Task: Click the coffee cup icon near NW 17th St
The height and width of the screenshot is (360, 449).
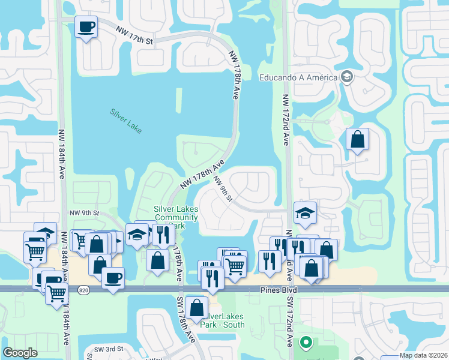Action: tap(86, 26)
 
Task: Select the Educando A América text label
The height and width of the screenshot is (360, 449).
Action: tap(298, 77)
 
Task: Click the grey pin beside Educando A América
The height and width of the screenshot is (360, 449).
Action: tap(346, 76)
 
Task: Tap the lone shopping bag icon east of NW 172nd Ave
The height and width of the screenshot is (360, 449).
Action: tap(357, 139)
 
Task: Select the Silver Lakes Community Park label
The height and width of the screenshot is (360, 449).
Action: tap(175, 217)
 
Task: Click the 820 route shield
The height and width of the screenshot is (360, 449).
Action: tap(83, 290)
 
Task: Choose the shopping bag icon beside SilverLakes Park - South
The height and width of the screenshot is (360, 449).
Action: tap(197, 307)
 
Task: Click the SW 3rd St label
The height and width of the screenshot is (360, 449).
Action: tap(108, 349)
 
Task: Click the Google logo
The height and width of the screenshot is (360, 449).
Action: tap(20, 352)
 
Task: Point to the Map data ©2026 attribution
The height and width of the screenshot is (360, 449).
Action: tap(424, 355)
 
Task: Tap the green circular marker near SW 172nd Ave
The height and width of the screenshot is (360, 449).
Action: tap(306, 344)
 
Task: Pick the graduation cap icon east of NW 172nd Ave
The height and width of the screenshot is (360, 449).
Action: tap(305, 212)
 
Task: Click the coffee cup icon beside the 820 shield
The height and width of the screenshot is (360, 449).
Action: tap(112, 278)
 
